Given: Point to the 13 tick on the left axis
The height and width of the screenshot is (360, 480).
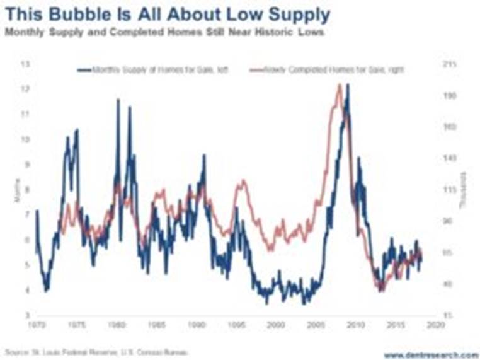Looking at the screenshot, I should tap(26, 64).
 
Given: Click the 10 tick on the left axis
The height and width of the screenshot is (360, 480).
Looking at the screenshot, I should tap(26, 139).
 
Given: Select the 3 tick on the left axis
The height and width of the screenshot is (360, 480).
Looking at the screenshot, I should tap(26, 315).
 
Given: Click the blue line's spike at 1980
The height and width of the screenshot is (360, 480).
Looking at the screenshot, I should tap(118, 101).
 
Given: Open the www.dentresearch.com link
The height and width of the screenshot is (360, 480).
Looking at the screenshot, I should tap(430, 353).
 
